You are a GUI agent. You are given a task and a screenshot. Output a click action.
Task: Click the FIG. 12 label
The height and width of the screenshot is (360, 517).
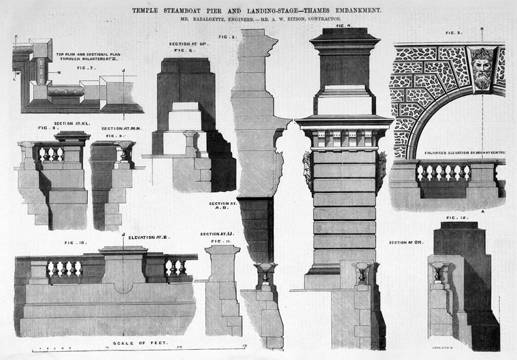(456, 218)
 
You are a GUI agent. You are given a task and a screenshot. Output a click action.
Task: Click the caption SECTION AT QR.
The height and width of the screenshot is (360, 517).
(406, 242)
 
